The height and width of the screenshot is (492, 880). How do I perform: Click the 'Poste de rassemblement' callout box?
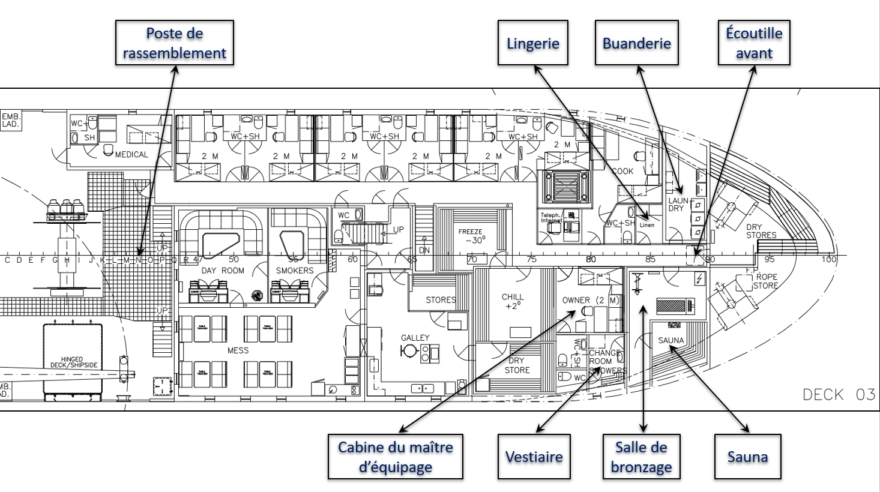(174, 43)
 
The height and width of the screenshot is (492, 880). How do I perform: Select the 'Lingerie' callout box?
(532, 43)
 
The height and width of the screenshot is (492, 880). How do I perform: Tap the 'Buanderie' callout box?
(636, 43)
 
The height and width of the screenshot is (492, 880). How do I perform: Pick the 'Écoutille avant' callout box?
(753, 43)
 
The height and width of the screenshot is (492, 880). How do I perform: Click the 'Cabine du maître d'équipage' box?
(395, 457)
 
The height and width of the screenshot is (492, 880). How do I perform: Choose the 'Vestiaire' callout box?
(534, 457)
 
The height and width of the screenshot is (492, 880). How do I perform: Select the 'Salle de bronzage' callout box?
(641, 457)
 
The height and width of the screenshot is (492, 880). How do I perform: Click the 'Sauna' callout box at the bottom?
(747, 457)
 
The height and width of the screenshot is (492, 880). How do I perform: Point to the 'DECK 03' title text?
(839, 395)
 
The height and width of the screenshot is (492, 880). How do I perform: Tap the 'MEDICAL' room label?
(131, 155)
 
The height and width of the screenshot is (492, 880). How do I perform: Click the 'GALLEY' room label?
(415, 338)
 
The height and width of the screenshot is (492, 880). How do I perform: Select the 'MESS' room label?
(238, 350)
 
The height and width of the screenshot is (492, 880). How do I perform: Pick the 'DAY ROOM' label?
(223, 271)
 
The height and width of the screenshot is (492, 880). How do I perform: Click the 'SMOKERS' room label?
(294, 271)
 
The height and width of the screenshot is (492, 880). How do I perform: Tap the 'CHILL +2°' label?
(513, 301)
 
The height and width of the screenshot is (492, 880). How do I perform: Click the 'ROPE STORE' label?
(766, 281)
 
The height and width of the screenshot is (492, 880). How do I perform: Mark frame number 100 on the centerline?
(829, 259)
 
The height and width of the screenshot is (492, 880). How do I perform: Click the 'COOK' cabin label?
(622, 171)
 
